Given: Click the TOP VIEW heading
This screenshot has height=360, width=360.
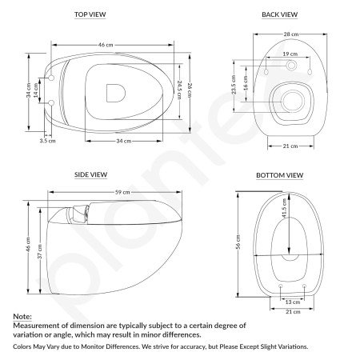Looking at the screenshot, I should (91, 14).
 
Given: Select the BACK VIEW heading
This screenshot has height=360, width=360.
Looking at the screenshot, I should (279, 14).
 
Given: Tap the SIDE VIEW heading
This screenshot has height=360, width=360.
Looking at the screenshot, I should (91, 174).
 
